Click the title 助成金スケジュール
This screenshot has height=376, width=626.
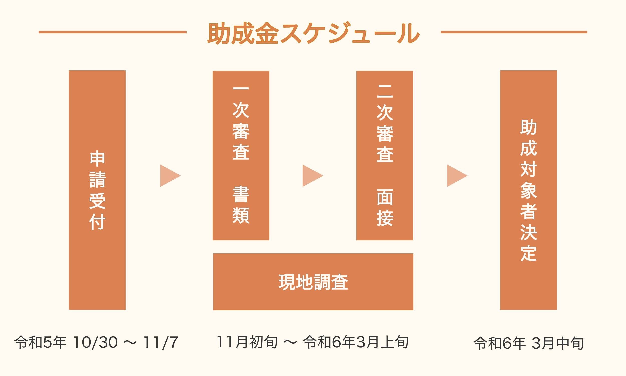pyautogui.click(x=313, y=33)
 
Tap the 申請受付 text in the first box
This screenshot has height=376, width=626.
pyautogui.click(x=97, y=190)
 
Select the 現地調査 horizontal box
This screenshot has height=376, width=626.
pyautogui.click(x=313, y=282)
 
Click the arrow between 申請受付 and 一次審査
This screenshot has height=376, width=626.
pyautogui.click(x=169, y=176)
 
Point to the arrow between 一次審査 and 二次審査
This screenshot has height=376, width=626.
pyautogui.click(x=312, y=176)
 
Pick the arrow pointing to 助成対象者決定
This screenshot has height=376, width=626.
pyautogui.click(x=456, y=176)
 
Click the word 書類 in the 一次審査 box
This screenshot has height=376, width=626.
pyautogui.click(x=241, y=205)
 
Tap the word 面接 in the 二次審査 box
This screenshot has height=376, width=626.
pyautogui.click(x=385, y=207)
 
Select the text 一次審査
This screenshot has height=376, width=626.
pyautogui.click(x=241, y=124)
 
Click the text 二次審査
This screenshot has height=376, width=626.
pyautogui.click(x=385, y=124)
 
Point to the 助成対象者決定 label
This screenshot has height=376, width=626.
pyautogui.click(x=529, y=190)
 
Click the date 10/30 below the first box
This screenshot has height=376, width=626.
pyautogui.click(x=95, y=343)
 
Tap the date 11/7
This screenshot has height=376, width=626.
pyautogui.click(x=161, y=343)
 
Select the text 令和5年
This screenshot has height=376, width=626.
pyautogui.click(x=40, y=343)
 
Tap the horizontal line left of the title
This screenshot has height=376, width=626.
pyautogui.click(x=112, y=32)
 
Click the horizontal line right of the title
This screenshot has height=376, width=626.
pyautogui.click(x=514, y=32)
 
